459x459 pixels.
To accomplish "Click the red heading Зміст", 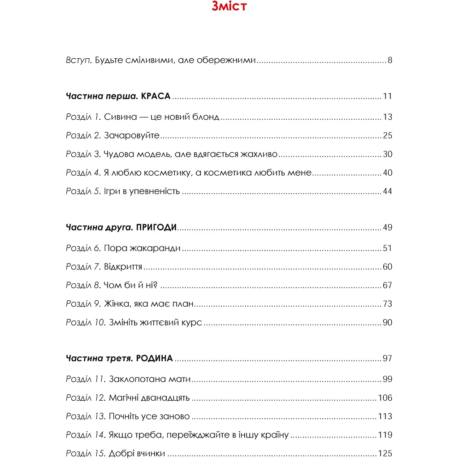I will [x=229, y=7].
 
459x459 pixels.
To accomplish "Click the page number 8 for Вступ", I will [x=390, y=61].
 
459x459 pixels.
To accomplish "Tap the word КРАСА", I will [x=156, y=96].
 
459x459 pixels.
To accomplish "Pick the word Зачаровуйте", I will [x=131, y=136].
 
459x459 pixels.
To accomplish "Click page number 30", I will [x=387, y=154].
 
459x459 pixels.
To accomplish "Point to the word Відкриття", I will [x=123, y=267].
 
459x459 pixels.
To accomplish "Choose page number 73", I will [x=387, y=304].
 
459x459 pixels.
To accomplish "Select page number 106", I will [x=385, y=398].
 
